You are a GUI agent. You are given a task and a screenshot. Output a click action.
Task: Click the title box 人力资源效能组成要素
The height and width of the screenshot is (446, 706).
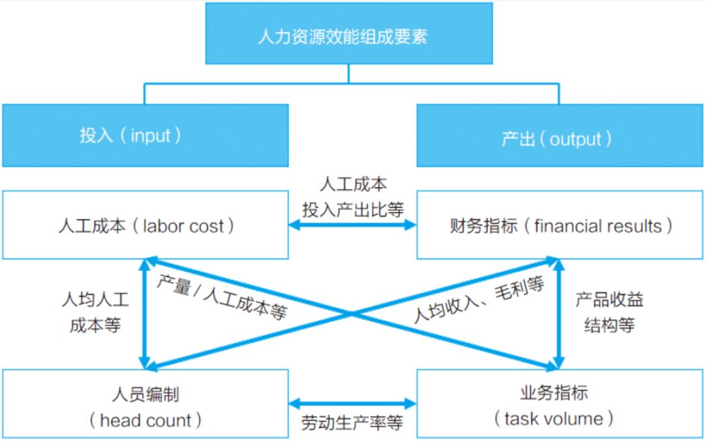point(348,34)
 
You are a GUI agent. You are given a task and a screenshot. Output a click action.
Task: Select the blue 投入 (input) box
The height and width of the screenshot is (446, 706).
point(145,135)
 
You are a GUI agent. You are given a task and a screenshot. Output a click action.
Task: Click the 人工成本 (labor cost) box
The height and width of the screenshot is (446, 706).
point(145,225)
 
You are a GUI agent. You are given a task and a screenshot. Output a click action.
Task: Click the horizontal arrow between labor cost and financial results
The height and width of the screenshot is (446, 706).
point(352,225)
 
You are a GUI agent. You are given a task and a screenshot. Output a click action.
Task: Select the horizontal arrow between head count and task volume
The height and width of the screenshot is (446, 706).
point(352,403)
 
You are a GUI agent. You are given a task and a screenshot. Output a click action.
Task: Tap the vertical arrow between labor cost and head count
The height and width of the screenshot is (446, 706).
point(144,313)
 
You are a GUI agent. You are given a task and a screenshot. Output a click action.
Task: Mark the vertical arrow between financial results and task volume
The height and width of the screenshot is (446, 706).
point(559,313)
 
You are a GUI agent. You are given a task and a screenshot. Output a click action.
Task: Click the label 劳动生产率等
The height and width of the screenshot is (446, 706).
point(352,422)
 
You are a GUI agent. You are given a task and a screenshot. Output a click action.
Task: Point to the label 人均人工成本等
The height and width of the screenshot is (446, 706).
point(95,313)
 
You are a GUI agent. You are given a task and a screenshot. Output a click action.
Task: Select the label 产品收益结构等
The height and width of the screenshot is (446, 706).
point(609,312)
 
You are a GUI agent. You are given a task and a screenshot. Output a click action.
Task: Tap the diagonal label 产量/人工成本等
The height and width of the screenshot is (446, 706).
point(222,297)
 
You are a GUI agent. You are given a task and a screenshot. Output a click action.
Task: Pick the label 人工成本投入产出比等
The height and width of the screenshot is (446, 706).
point(352,197)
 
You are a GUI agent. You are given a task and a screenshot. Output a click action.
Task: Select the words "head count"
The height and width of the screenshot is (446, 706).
point(146,420)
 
